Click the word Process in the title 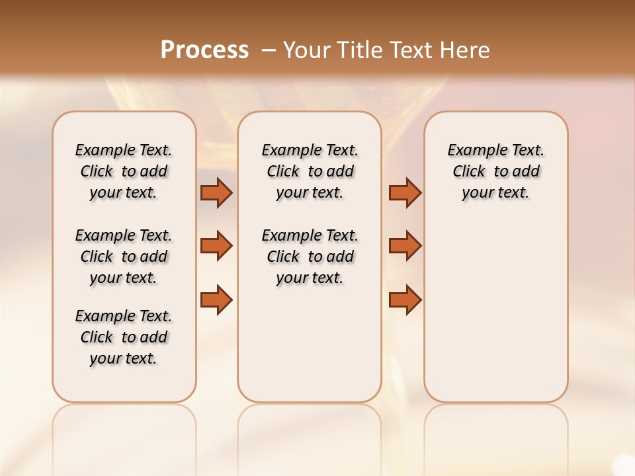pyautogui.click(x=204, y=50)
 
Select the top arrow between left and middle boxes pyautogui.click(x=216, y=193)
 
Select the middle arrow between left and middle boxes pyautogui.click(x=216, y=246)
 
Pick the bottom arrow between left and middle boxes pyautogui.click(x=216, y=299)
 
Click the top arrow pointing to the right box pyautogui.click(x=405, y=193)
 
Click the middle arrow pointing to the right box pyautogui.click(x=405, y=246)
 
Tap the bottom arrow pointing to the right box pyautogui.click(x=405, y=299)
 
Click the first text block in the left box pyautogui.click(x=124, y=171)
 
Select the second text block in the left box pyautogui.click(x=124, y=257)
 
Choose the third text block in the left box pyautogui.click(x=124, y=337)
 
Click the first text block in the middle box pyautogui.click(x=310, y=171)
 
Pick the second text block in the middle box pyautogui.click(x=310, y=257)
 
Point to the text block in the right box pyautogui.click(x=495, y=171)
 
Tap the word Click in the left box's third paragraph pyautogui.click(x=97, y=337)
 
